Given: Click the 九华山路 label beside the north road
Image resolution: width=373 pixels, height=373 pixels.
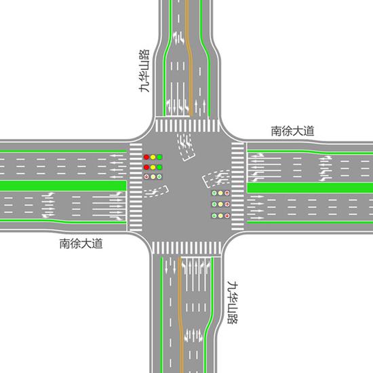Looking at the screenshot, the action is point(144,71).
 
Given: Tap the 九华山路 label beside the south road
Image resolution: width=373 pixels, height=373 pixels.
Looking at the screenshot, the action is point(233,302).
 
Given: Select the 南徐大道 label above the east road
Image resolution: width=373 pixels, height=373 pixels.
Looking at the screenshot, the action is point(292,131).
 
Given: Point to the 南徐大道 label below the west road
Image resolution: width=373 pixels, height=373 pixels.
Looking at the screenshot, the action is point(81,243).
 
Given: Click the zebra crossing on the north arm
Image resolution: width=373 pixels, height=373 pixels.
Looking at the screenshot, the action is point(187,125).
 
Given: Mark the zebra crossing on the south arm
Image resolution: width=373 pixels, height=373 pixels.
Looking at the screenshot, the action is point(186,248).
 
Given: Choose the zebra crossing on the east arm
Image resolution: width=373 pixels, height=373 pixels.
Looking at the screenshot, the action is point(237,186).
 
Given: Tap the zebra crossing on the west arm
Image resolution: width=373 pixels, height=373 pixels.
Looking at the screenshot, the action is point(136,187).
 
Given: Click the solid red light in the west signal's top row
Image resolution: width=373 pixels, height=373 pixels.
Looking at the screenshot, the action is point(146,157).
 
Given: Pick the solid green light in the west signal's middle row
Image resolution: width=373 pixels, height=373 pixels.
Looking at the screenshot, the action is point(159,168).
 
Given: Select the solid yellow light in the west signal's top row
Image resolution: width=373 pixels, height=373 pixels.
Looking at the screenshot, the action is point(153,157).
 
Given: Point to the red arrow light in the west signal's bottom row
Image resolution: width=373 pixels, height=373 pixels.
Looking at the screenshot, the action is point(146,177).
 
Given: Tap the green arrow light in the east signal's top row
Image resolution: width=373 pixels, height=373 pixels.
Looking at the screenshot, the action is point(214,193).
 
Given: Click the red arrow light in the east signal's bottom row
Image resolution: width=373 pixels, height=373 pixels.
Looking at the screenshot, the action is point(227,216).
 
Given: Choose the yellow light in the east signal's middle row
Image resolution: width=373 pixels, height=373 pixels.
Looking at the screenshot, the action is point(221,204).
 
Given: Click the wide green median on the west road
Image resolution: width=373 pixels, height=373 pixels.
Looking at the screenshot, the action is point(63,186).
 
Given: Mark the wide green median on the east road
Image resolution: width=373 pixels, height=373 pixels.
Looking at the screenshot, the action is point(310,188).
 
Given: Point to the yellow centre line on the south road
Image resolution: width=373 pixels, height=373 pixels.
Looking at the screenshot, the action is point(181,315).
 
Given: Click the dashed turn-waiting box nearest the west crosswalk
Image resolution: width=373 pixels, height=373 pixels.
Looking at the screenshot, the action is point(156,192).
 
